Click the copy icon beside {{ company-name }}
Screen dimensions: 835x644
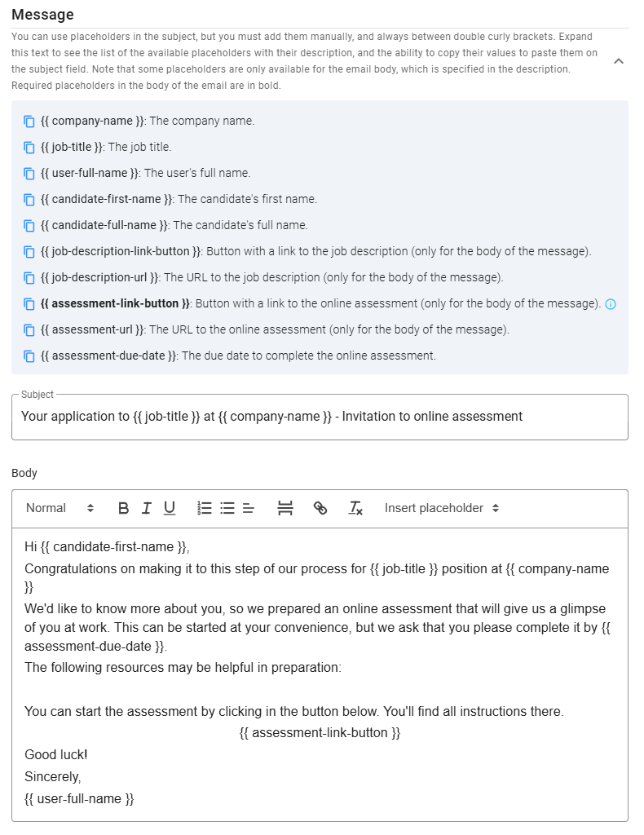click(29, 121)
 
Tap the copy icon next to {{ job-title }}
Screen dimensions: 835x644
click(29, 148)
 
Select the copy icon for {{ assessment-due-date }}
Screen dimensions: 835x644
click(29, 356)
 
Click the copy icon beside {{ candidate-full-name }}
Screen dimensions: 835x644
click(29, 226)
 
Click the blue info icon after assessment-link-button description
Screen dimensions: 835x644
click(611, 304)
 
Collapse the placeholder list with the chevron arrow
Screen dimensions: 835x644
click(618, 61)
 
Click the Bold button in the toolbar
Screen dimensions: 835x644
click(124, 508)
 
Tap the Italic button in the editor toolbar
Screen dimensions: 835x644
click(147, 508)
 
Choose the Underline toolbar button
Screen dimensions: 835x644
click(170, 508)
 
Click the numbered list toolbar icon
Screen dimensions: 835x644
click(205, 508)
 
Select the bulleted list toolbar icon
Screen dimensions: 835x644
click(227, 508)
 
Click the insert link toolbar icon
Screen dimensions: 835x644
click(320, 508)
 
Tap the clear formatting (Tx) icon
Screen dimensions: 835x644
click(355, 508)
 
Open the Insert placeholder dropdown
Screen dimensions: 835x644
click(442, 508)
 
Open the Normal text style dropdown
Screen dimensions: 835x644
click(60, 508)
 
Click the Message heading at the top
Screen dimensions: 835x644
click(42, 15)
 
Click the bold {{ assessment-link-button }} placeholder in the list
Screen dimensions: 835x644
click(115, 303)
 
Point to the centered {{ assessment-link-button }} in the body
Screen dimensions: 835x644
click(320, 732)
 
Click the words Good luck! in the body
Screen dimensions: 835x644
click(56, 754)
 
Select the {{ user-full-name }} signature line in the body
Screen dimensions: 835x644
click(79, 798)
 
